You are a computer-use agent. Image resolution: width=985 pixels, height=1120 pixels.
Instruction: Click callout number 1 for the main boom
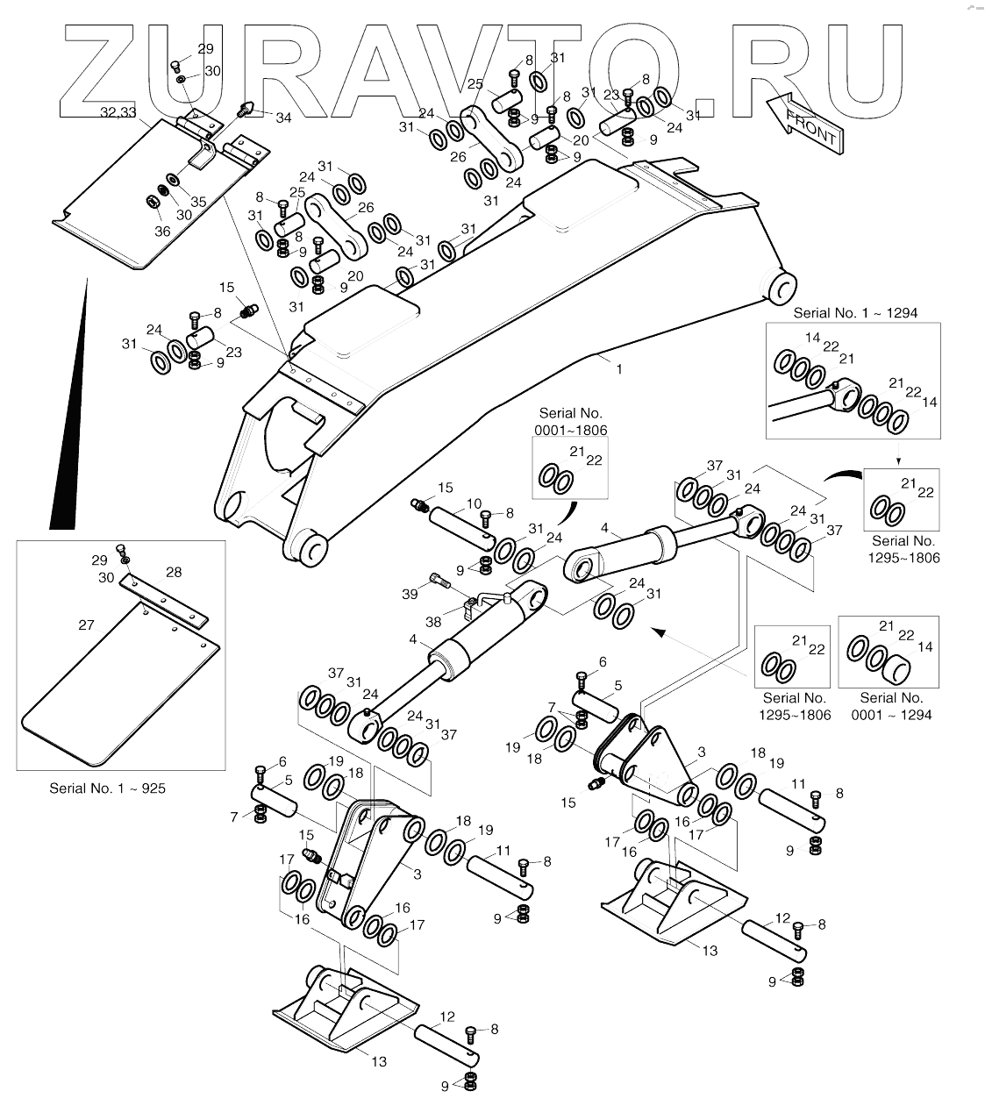pos(619,369)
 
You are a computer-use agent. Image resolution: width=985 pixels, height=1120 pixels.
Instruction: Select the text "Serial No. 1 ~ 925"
pos(107,788)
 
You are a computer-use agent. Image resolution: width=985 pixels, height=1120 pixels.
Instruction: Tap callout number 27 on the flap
pos(86,624)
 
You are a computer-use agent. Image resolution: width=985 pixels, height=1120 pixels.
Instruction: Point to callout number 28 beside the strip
pos(174,572)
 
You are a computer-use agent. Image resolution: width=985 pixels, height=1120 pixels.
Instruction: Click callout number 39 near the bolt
pos(410,595)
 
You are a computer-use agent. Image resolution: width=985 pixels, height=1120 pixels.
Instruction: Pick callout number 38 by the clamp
pos(432,622)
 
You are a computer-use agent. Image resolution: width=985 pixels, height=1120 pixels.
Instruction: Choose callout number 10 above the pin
pos(474,503)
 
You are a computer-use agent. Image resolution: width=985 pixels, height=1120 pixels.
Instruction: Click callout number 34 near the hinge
pos(260,118)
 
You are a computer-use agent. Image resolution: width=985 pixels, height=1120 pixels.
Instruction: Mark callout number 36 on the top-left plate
pos(162,232)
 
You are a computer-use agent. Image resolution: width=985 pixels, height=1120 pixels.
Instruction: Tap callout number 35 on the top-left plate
pos(198,202)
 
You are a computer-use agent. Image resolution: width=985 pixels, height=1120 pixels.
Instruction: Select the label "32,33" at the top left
pos(118,112)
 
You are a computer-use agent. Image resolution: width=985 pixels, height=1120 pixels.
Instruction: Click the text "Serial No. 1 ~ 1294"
pos(855,312)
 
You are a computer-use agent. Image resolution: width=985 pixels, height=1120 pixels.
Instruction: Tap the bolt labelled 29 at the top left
pos(175,65)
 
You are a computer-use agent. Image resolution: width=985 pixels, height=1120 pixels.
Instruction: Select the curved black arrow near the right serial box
pos(843,474)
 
